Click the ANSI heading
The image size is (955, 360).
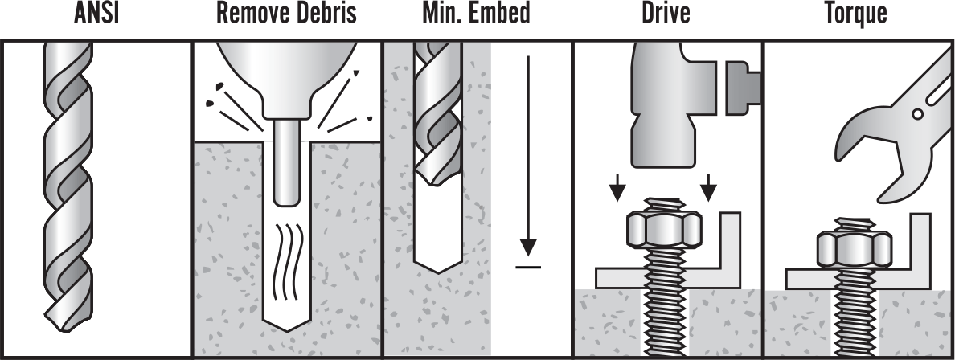[96, 14]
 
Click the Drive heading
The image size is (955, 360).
[666, 14]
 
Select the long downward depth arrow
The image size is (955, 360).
[527, 153]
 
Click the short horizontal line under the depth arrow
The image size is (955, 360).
[527, 266]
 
